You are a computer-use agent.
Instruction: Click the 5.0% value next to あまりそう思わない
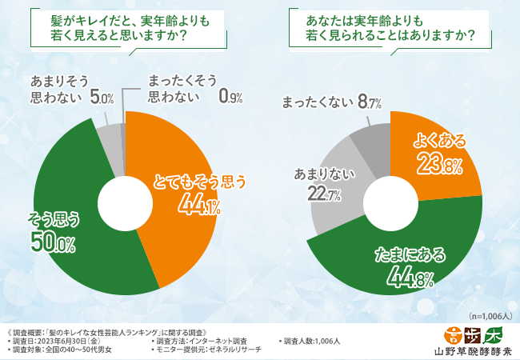coord(102,98)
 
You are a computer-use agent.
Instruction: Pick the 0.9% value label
coord(231,98)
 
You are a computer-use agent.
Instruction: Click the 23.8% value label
coord(438,166)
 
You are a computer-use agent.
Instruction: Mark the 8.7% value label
coord(370,102)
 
